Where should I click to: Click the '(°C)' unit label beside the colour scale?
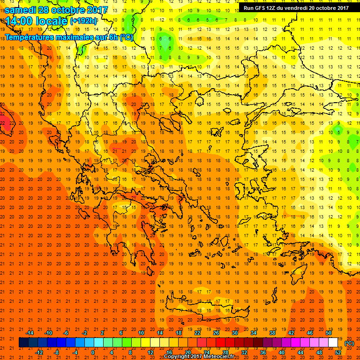click(349, 343)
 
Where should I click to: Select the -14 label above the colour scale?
click(30, 333)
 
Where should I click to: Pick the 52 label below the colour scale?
click(338, 352)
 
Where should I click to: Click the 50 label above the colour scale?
click(329, 333)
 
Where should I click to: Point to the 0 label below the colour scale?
click(92, 352)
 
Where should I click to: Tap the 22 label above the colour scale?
click(197, 333)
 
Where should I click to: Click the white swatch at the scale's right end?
click(333, 343)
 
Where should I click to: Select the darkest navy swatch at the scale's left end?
click(23, 343)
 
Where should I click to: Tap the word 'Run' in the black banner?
click(248, 8)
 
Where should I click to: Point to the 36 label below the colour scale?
click(263, 352)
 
